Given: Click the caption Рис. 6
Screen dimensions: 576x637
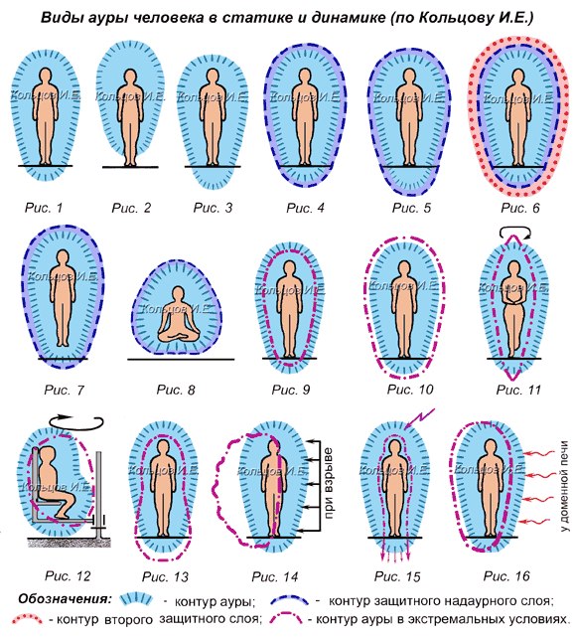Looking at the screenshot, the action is [x=520, y=208].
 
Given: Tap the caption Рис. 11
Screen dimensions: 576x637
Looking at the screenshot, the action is [x=518, y=390].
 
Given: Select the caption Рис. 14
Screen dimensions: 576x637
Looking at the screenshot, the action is [x=275, y=576].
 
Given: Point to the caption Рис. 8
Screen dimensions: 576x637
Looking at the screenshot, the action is [x=176, y=390].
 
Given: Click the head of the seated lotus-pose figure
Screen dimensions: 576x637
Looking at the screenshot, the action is [x=178, y=294].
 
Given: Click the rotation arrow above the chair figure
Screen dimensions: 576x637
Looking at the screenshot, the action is [x=75, y=422].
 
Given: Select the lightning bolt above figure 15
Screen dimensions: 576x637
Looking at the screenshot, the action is [x=419, y=418].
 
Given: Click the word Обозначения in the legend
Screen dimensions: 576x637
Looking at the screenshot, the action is [x=66, y=599].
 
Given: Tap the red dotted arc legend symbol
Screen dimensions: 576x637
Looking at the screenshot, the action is [x=26, y=619].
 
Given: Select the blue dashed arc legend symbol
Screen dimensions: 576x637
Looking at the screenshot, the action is [x=289, y=599].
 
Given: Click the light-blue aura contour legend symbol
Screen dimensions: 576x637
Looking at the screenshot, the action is [x=136, y=599].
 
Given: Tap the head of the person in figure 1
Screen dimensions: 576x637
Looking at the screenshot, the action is [x=46, y=76].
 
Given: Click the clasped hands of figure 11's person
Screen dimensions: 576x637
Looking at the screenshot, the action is [x=513, y=299].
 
